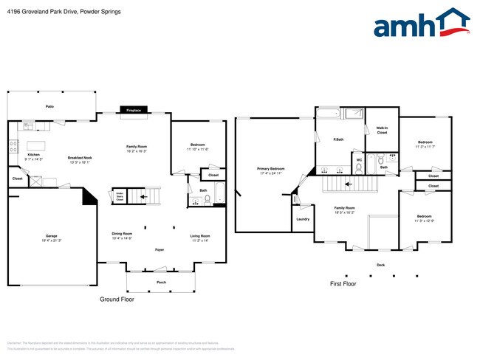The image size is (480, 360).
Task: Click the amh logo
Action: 422,24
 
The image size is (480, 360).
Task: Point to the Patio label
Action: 50,106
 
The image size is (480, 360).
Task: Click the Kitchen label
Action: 34,153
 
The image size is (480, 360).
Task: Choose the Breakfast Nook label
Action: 79,158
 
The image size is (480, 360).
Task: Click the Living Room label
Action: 200,235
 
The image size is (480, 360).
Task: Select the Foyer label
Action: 159,250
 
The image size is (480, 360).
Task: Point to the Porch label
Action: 161,282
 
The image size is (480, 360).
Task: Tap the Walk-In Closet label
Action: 382,130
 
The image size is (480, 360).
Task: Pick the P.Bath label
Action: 339,139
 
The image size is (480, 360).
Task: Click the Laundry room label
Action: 302,219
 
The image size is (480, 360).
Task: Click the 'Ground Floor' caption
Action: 117,300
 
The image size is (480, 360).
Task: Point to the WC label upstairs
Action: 359,159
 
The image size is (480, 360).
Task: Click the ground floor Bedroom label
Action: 197,145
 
